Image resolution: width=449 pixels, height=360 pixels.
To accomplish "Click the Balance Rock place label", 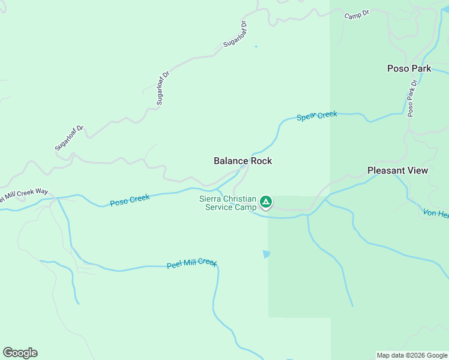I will tap(243, 161).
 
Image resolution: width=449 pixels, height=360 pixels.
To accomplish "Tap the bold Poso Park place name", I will tap(409, 68).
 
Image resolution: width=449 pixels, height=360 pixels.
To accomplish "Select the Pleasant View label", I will tap(397, 170).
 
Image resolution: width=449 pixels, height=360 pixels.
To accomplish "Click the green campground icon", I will tap(265, 202).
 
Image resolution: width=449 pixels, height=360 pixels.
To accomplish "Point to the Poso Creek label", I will tap(130, 200).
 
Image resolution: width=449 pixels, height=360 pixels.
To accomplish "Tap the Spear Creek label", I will tap(317, 115).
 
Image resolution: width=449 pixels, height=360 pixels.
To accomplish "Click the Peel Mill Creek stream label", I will tap(191, 263).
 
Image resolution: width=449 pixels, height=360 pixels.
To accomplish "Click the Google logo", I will tap(20, 352).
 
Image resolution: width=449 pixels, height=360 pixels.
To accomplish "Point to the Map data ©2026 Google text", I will tap(412, 355).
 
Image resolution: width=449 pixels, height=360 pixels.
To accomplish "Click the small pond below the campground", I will tap(267, 254).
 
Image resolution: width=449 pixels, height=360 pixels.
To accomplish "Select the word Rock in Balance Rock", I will tap(259, 161).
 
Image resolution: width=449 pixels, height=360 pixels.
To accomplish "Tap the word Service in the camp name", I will tap(219, 208).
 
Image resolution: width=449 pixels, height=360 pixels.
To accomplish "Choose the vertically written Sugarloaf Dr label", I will tap(161, 88).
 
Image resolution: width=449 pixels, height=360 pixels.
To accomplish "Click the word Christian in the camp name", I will tap(241, 199).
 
